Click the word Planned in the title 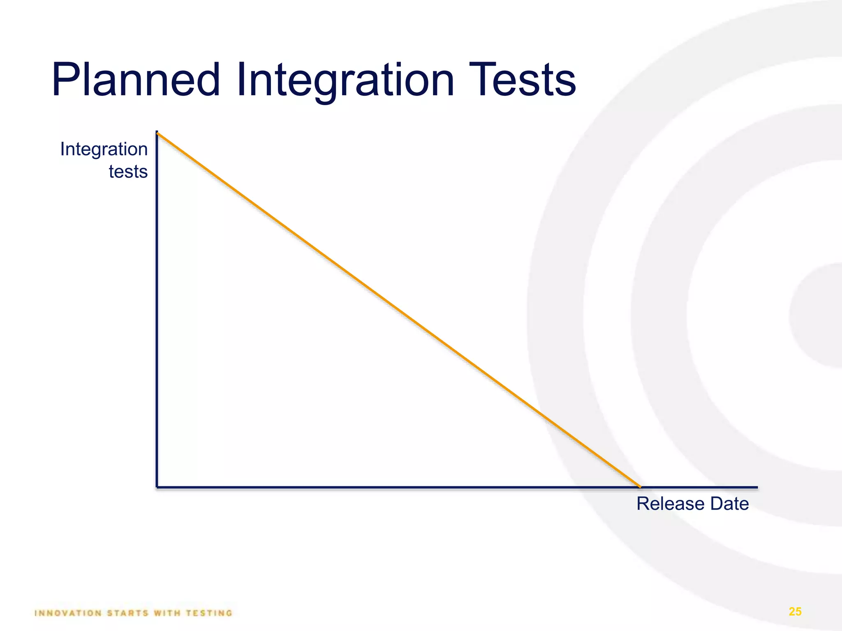pos(136,80)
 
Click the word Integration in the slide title pos(345,80)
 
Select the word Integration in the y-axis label pos(104,150)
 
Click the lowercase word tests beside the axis pos(128,172)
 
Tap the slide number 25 pos(795,612)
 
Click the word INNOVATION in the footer pos(68,613)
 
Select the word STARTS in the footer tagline pos(128,613)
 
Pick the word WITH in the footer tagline pos(167,613)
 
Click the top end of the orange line pos(158,133)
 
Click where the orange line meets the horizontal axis pos(639,487)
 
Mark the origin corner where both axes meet pos(157,487)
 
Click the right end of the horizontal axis pos(756,488)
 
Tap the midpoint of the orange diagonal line pos(398,310)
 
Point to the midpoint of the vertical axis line pos(157,309)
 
